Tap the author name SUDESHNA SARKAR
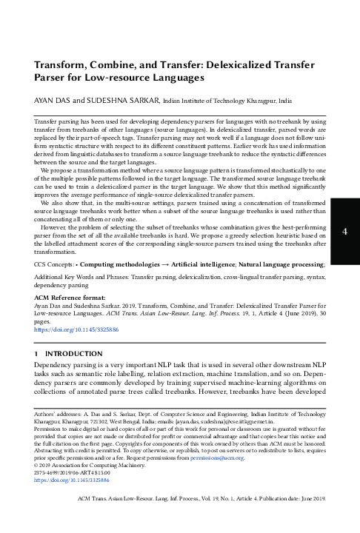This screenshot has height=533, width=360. pos(127,98)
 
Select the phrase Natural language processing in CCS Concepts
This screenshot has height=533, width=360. pos(287,264)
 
